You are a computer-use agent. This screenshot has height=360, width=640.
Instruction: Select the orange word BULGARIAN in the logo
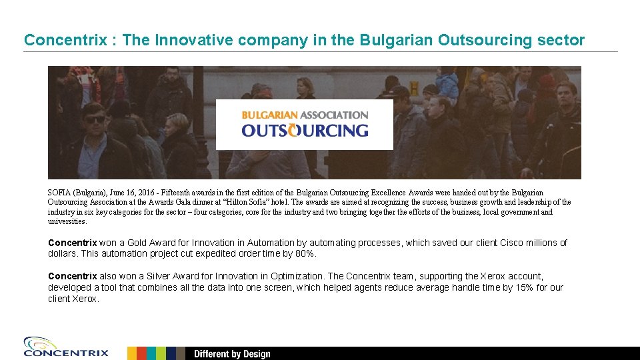click(x=269, y=115)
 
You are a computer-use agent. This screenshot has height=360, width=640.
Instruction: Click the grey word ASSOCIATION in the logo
click(x=335, y=115)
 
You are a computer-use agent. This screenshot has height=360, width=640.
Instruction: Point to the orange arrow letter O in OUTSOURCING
click(x=292, y=131)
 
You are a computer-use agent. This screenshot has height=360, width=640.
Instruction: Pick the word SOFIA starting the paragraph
click(x=58, y=193)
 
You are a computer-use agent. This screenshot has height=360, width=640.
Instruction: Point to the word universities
click(x=67, y=221)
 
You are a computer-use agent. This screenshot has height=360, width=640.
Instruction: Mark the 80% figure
click(x=304, y=254)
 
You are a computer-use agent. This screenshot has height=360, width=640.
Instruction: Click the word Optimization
click(x=298, y=276)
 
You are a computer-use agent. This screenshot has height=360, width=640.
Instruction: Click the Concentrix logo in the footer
click(x=65, y=347)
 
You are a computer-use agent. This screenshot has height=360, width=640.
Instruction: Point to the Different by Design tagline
click(x=232, y=353)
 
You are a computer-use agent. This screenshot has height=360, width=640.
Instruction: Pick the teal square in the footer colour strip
click(x=151, y=353)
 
